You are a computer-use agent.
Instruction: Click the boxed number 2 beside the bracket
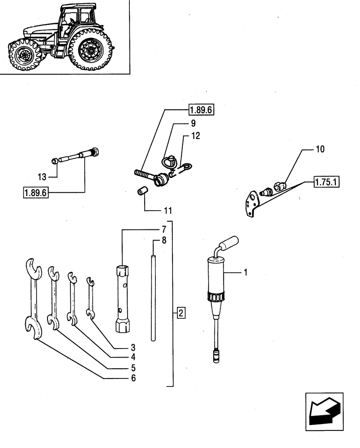click(x=180, y=313)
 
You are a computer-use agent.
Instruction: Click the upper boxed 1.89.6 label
click(x=201, y=109)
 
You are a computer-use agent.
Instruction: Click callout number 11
click(x=167, y=209)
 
